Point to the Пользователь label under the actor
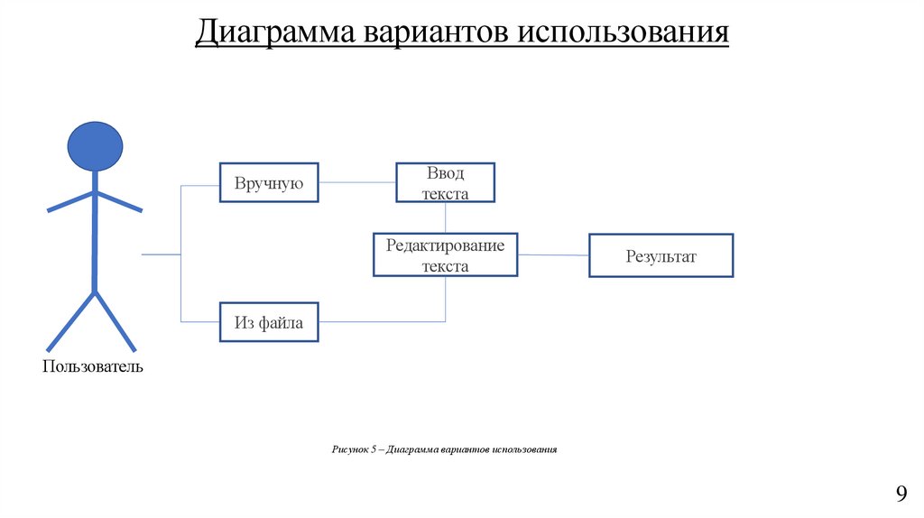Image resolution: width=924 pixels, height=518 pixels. tap(92, 367)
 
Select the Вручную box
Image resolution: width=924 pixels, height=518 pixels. tap(269, 184)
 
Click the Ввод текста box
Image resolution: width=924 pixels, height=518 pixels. tap(446, 183)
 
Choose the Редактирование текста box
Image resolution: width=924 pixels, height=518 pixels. tap(446, 254)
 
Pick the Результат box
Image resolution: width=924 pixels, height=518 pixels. tap(661, 256)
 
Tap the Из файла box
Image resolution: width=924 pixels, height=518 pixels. tap(269, 322)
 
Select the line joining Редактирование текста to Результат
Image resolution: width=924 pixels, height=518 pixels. tap(553, 255)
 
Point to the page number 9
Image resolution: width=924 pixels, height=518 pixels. tap(900, 494)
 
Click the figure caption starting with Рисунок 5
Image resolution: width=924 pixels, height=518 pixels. tap(445, 449)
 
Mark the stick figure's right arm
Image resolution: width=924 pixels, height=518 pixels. tap(119, 201)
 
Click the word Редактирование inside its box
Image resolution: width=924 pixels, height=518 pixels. tap(446, 245)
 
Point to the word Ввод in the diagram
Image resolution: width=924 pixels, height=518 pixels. tap(446, 174)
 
